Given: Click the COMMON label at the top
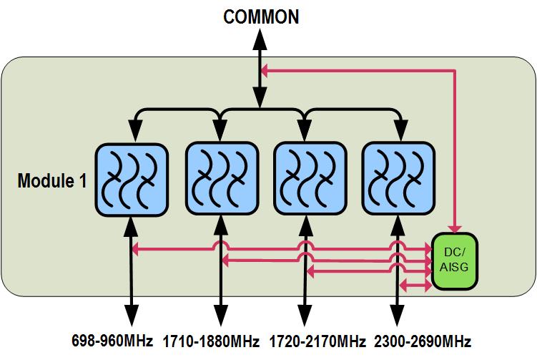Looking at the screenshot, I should click(x=262, y=17).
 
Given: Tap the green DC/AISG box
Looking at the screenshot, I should click(x=455, y=263).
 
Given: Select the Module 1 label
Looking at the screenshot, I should click(x=51, y=180).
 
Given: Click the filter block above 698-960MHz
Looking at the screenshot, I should click(x=132, y=180).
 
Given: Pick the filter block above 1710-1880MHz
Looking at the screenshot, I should click(x=221, y=180).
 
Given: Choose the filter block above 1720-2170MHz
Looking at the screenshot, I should click(x=310, y=180).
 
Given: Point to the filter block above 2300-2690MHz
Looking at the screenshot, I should click(x=398, y=180).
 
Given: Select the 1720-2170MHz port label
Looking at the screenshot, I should click(x=317, y=340).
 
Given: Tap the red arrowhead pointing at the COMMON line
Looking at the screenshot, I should click(x=265, y=70).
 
